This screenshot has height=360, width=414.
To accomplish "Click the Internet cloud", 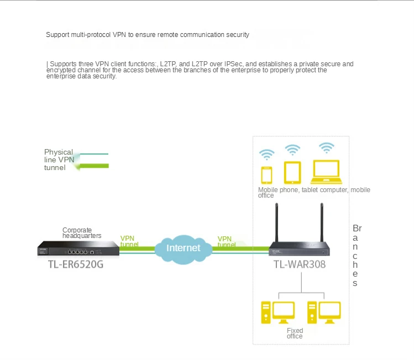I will pyautogui.click(x=183, y=248).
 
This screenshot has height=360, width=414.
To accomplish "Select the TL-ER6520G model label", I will pyautogui.click(x=76, y=264).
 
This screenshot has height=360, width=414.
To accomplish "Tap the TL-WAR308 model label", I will pyautogui.click(x=299, y=264).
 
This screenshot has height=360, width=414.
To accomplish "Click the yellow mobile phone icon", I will pyautogui.click(x=267, y=174).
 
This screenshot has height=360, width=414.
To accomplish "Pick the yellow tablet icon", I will pyautogui.click(x=292, y=172).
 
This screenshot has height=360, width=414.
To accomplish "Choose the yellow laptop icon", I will pyautogui.click(x=327, y=172).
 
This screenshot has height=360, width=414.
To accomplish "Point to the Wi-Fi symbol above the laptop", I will pyautogui.click(x=327, y=147).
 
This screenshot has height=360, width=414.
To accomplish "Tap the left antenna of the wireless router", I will pyautogui.click(x=276, y=222).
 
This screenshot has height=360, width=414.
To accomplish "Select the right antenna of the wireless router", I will pyautogui.click(x=321, y=222).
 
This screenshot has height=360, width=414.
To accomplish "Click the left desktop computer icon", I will pyautogui.click(x=277, y=312).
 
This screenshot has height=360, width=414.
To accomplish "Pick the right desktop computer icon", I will pyautogui.click(x=324, y=312).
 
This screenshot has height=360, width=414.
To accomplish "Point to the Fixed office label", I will pyautogui.click(x=295, y=333).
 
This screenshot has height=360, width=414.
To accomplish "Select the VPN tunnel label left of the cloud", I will pyautogui.click(x=129, y=241).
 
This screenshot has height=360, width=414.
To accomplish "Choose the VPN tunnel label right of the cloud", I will pyautogui.click(x=226, y=241).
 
